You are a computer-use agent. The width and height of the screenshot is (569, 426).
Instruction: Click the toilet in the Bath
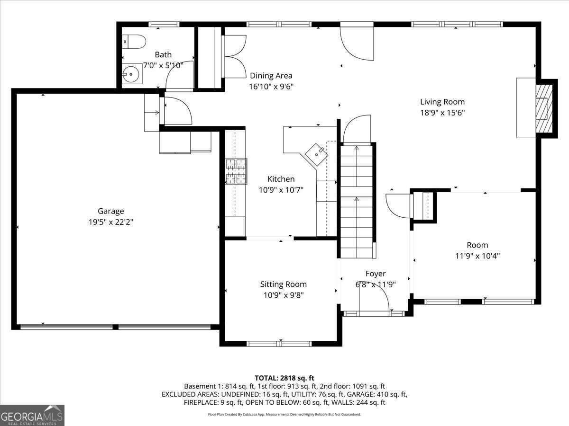point(134,42)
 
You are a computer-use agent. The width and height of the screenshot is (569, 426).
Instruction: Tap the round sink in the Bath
point(131,74)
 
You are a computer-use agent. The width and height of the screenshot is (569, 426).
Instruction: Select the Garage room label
point(110,211)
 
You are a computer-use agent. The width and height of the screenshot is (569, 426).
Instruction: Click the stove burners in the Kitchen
point(236,171)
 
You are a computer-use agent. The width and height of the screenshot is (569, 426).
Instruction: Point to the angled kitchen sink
point(317,155)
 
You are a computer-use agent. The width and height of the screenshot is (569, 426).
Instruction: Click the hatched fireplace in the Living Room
point(544,109)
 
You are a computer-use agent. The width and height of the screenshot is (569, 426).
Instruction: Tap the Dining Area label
point(271,76)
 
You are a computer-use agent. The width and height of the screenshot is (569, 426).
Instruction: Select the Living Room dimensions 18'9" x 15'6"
point(442,113)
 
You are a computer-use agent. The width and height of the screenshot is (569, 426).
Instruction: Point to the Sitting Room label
point(284,284)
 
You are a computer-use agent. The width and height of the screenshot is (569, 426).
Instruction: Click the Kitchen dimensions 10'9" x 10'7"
point(281,190)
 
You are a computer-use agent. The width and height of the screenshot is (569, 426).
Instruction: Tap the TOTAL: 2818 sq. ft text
point(284,378)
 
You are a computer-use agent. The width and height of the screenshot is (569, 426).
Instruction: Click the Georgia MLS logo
point(32,415)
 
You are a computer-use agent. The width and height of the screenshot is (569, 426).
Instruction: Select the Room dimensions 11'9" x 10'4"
point(477,256)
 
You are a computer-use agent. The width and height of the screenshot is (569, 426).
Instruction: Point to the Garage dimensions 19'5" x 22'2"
point(110,222)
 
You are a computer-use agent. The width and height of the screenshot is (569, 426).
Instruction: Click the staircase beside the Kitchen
point(357,202)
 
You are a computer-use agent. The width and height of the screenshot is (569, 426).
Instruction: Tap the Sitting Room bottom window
point(279,344)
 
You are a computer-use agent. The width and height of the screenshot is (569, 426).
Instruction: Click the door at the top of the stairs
point(357,129)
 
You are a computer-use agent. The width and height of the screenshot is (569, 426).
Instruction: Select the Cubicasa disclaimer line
point(284,414)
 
